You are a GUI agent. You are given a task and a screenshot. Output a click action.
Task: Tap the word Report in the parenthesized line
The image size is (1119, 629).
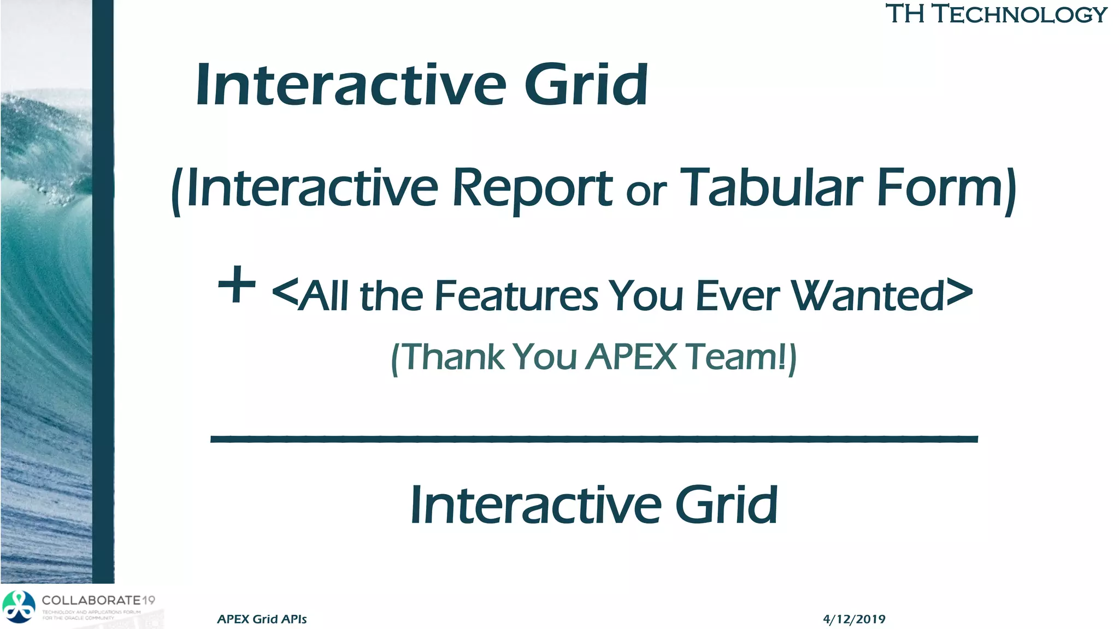coord(532,189)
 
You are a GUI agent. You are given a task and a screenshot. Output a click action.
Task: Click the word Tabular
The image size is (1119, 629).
coord(772,188)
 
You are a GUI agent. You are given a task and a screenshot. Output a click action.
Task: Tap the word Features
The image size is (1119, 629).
coord(516,296)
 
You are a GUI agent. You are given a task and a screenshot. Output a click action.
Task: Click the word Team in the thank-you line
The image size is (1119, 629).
coord(732,357)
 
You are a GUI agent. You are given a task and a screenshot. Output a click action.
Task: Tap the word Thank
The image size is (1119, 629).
coord(454,357)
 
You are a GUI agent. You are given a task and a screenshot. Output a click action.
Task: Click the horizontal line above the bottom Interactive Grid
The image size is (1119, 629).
coord(594,438)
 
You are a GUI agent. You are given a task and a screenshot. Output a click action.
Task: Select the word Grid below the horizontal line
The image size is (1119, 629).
coord(726,505)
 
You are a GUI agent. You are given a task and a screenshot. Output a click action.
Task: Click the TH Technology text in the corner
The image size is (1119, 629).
coord(996,14)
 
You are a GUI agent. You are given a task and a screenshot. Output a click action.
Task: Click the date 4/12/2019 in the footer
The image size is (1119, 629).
coord(853,619)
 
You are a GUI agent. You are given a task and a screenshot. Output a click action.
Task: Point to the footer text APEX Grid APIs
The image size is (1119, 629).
coord(262,619)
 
